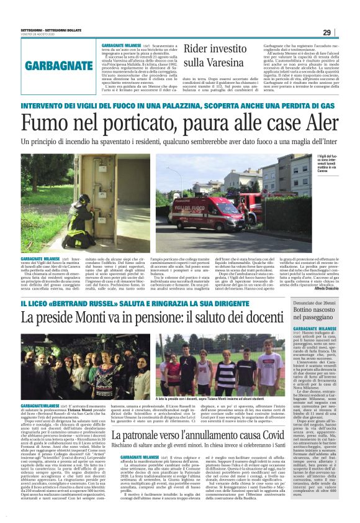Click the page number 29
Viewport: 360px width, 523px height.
344,33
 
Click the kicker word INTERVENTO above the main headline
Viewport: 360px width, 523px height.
48,107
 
